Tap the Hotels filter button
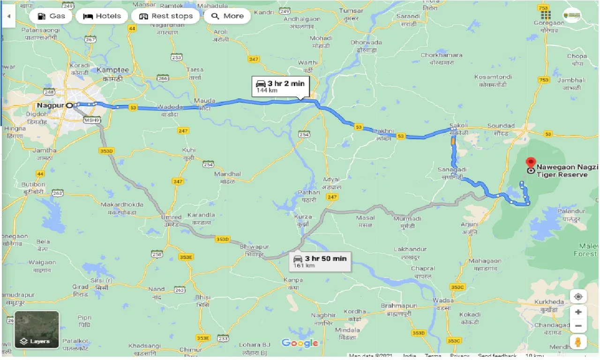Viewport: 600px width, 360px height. (x=102, y=16)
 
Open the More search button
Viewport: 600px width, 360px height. (x=227, y=16)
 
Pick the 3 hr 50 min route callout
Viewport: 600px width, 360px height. (x=320, y=261)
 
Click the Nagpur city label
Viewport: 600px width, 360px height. (x=50, y=105)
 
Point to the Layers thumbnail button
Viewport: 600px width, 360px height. (x=37, y=330)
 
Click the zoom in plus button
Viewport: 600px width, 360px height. (x=578, y=312)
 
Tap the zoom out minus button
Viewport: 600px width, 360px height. (x=578, y=326)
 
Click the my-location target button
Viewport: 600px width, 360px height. (x=578, y=297)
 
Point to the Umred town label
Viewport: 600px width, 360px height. (x=171, y=217)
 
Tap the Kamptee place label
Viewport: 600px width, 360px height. (x=112, y=70)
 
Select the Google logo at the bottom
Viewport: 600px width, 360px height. (x=300, y=343)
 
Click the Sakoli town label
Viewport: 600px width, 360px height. (x=458, y=126)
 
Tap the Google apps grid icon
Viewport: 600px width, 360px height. (x=545, y=15)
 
